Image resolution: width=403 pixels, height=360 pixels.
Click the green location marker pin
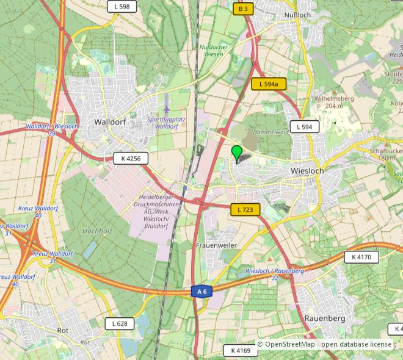click(237, 153)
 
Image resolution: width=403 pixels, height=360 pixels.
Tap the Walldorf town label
click(110, 121)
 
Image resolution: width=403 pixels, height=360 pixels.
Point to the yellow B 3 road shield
click(243, 9)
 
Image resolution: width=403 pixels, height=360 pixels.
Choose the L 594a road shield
click(269, 84)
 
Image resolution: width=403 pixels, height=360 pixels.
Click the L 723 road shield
click(245, 210)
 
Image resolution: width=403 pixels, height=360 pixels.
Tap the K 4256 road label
click(131, 159)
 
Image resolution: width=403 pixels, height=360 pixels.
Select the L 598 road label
click(122, 7)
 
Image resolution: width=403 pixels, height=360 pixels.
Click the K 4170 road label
click(361, 257)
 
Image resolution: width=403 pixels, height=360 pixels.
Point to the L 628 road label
click(120, 323)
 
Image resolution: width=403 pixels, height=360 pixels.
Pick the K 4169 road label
click(241, 351)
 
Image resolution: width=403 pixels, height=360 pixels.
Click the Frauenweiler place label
click(216, 245)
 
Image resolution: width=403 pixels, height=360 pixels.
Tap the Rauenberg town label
click(325, 319)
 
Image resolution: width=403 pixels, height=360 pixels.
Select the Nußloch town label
click(299, 15)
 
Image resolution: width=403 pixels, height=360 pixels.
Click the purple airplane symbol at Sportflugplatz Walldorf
click(166, 109)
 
